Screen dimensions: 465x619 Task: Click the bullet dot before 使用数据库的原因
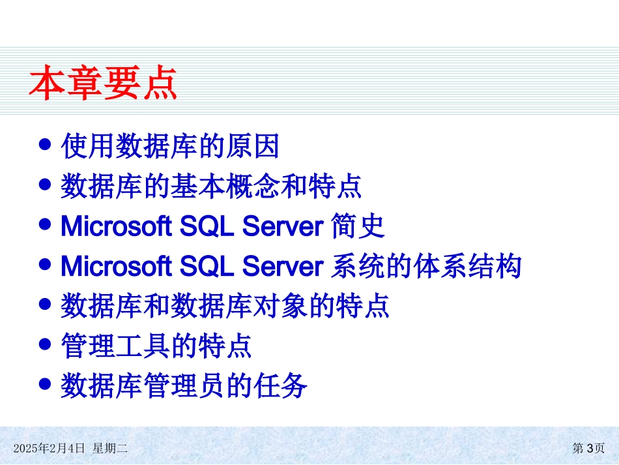[45, 145]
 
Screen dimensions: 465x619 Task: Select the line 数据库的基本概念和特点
[211, 187]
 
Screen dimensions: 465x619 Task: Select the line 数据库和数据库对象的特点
[225, 306]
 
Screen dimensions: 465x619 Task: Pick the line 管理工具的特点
[156, 346]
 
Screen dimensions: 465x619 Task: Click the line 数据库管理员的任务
[184, 386]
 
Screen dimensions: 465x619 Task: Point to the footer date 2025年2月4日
[50, 448]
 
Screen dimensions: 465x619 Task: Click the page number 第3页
[588, 448]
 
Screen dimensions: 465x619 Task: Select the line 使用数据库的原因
[169, 147]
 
